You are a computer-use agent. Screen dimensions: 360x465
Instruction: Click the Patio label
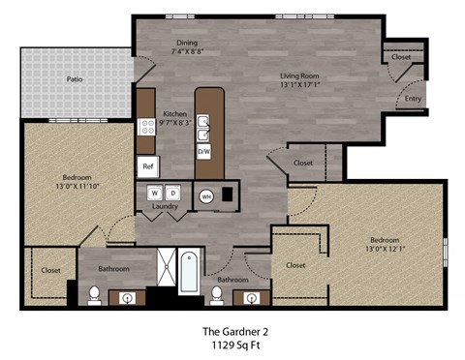tap(74, 78)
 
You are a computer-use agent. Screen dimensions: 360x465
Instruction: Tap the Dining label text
tap(187, 42)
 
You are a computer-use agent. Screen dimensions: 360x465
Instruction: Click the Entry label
tap(413, 98)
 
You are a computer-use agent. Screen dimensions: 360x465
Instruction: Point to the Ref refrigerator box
tap(148, 166)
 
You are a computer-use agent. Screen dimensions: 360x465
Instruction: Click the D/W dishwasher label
tap(204, 153)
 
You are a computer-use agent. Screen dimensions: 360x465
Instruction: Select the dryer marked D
tap(170, 193)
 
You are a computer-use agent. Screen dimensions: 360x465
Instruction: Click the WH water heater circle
tap(206, 195)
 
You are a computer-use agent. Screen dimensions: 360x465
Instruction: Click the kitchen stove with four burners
tap(147, 124)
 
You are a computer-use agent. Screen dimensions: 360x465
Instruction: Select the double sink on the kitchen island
tap(204, 124)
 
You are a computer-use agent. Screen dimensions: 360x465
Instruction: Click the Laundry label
tap(164, 207)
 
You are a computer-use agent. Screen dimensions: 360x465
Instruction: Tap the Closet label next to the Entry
tap(401, 57)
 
